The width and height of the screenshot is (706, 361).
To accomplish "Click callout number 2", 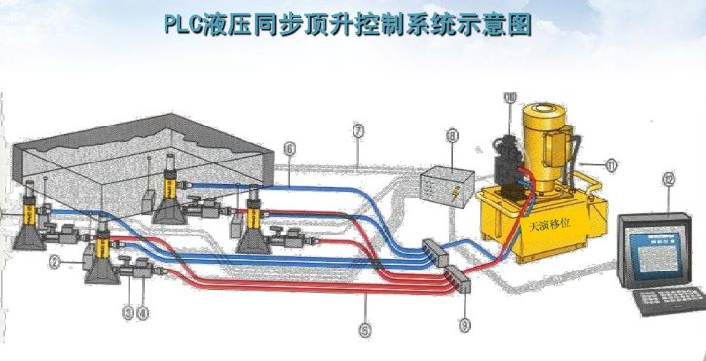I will tap(56, 262).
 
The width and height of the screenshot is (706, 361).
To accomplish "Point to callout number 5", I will tap(364, 330).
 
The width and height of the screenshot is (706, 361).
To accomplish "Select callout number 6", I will tap(288, 148).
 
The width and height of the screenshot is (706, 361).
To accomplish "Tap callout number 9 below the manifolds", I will tap(464, 326).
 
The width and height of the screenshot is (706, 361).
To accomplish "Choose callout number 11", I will tap(611, 165).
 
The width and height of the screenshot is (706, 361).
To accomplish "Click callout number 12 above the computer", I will tap(667, 179).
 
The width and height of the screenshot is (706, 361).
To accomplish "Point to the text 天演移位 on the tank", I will tap(550, 224).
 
